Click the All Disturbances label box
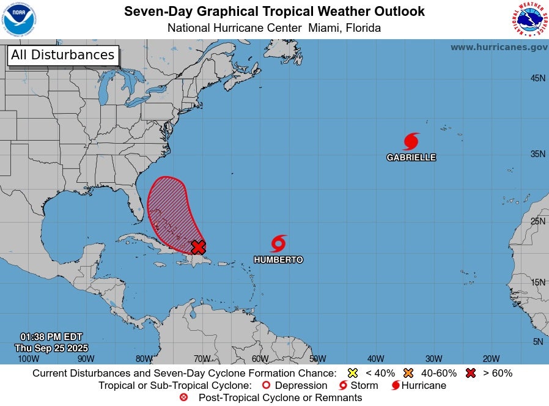coord(62,55)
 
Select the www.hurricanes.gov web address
coord(498,47)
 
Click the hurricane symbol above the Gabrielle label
coord(411,141)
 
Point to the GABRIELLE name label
coord(411,157)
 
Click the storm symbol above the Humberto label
coord(278,243)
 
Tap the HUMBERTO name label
coord(278,259)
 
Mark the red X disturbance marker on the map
coord(198,246)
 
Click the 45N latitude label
coord(537,78)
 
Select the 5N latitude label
coord(537,342)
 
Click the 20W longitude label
coord(491,359)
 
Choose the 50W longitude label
coord(317,359)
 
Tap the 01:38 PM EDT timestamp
coord(51,337)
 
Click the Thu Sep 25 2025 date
coord(51,347)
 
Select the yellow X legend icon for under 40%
coord(352,373)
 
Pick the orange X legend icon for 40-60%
coord(408,373)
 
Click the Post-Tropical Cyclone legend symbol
coord(183,397)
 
